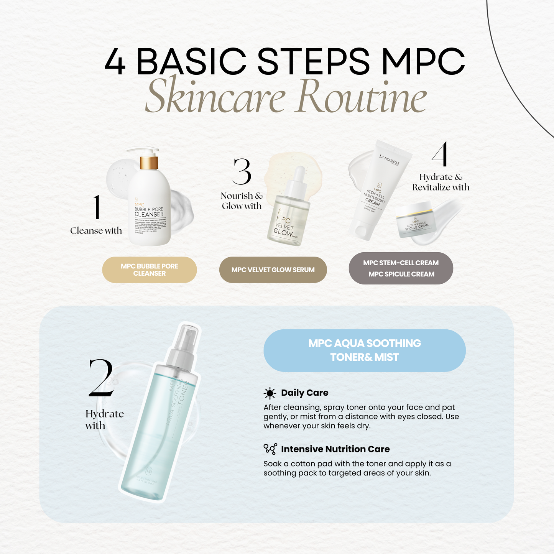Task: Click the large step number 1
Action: tap(97, 207)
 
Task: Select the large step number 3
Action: tap(242, 172)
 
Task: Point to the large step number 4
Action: tap(440, 154)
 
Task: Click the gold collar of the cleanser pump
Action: tap(149, 163)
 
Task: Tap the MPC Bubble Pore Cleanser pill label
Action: tap(150, 270)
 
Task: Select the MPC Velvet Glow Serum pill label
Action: tap(273, 270)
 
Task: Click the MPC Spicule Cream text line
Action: tap(401, 274)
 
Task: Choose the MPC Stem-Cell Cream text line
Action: tap(401, 263)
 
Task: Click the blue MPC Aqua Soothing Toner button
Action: tap(365, 350)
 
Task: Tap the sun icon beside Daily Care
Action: tap(270, 393)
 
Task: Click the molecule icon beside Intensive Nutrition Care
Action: tap(270, 449)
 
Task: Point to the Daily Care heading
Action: tap(304, 393)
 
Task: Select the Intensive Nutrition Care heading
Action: tap(335, 449)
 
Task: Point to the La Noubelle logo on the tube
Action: tap(389, 160)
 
